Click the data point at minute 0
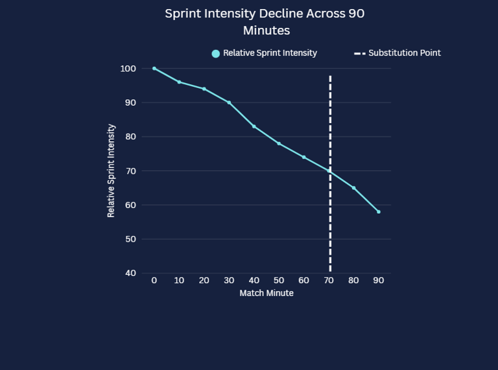click(154, 68)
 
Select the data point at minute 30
click(229, 102)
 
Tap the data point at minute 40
click(254, 126)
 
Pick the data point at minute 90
click(379, 212)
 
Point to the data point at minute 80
click(353, 188)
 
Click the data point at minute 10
click(179, 82)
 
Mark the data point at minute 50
click(279, 143)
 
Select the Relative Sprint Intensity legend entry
click(265, 53)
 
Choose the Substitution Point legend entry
click(397, 53)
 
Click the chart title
click(265, 21)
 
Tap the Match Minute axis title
click(267, 293)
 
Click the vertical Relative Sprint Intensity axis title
click(111, 170)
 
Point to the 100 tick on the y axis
click(128, 69)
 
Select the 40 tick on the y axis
click(130, 273)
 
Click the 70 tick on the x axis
click(329, 281)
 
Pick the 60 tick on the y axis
click(130, 205)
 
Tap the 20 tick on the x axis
click(204, 281)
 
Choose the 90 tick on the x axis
click(379, 281)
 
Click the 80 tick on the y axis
click(130, 137)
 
